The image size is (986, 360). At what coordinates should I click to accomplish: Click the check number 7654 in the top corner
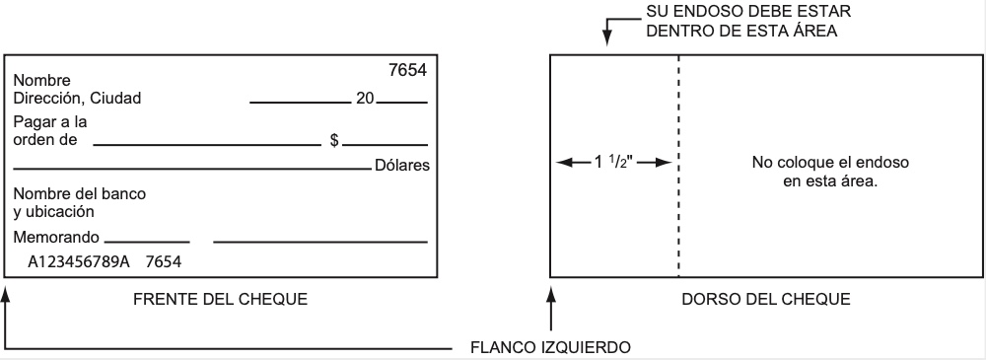click(x=408, y=73)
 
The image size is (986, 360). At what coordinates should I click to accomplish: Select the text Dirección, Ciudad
click(x=77, y=98)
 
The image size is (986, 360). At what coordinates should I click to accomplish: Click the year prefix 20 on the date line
click(x=364, y=98)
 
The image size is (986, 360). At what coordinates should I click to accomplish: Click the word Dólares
click(x=402, y=165)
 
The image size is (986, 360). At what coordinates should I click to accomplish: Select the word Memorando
click(x=56, y=238)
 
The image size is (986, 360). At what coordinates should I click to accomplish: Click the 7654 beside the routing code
click(x=165, y=262)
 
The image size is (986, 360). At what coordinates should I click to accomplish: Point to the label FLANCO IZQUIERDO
click(x=550, y=347)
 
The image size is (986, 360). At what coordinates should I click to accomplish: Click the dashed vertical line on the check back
click(x=678, y=217)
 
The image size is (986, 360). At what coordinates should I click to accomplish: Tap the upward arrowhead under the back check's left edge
click(x=550, y=294)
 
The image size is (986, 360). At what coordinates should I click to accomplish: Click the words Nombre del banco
click(x=79, y=193)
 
